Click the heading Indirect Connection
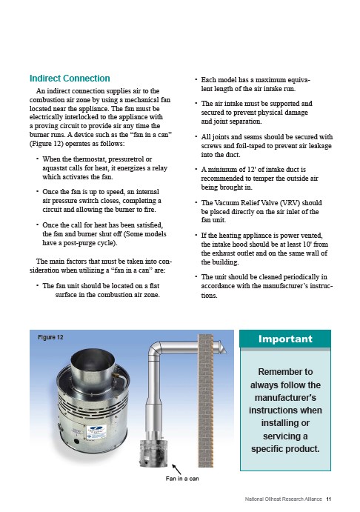[70, 79]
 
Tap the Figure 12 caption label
[50, 337]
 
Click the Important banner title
[285, 339]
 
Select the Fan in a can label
[182, 479]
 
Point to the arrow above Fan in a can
[176, 469]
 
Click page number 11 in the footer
[329, 499]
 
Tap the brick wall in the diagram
[206, 400]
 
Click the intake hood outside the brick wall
[220, 347]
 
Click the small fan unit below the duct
[154, 453]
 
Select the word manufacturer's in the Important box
[285, 398]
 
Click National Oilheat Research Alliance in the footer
[283, 499]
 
